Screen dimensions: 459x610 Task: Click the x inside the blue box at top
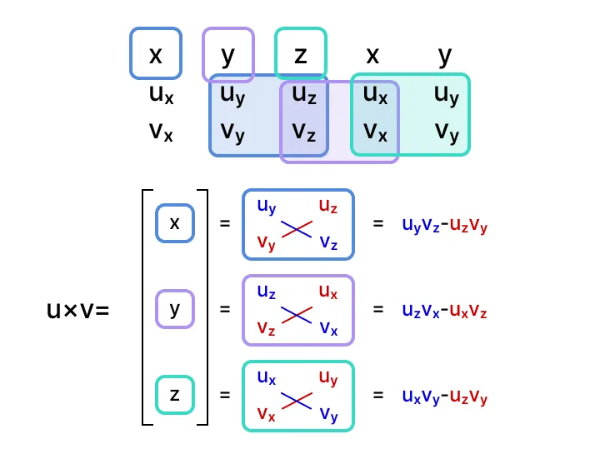155,55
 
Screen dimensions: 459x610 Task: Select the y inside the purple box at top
227,55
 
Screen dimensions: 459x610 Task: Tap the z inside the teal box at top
300,55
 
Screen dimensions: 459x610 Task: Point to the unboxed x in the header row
372,55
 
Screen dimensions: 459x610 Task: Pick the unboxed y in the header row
445,55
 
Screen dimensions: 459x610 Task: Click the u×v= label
78,311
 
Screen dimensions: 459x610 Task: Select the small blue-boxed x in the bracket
174,223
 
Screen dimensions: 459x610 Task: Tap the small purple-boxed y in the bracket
174,309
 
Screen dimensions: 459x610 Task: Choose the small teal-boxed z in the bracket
174,395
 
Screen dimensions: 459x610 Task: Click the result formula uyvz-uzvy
444,225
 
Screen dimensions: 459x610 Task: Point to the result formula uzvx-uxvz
444,311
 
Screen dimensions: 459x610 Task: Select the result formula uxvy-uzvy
444,397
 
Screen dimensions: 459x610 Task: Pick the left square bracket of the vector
147,307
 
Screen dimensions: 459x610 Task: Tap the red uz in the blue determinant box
327,206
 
